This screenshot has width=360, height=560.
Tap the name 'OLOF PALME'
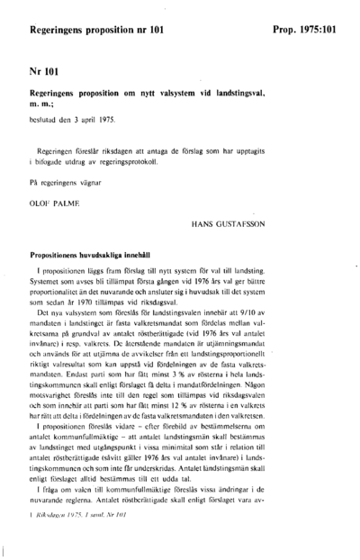56,204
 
